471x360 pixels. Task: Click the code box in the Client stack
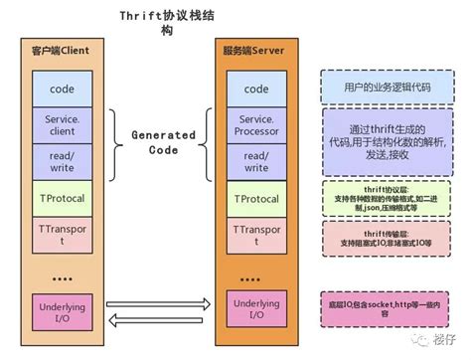click(x=62, y=89)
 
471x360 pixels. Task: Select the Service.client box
click(x=62, y=125)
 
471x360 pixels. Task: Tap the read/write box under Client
click(x=62, y=161)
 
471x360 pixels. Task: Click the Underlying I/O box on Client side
click(x=62, y=309)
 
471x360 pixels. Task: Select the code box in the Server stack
click(x=256, y=89)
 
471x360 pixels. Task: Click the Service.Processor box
click(x=256, y=125)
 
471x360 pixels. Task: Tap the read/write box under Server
click(x=256, y=161)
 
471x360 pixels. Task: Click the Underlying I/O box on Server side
click(x=256, y=309)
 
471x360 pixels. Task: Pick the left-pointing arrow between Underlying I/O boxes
click(x=158, y=319)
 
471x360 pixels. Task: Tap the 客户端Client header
click(x=62, y=51)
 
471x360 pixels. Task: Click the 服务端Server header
click(x=256, y=51)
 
